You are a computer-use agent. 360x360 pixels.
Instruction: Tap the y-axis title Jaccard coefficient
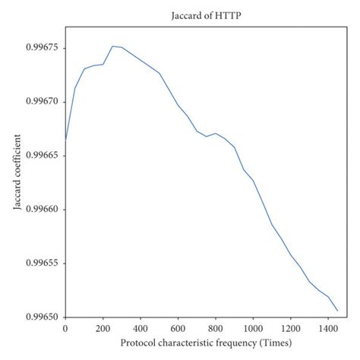click(x=17, y=172)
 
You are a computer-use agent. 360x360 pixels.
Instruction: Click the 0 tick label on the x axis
click(x=65, y=329)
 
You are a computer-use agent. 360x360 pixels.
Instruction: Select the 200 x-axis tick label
click(x=103, y=329)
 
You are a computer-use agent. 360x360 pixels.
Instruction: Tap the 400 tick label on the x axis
click(x=141, y=329)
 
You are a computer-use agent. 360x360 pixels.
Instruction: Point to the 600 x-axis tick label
click(x=178, y=329)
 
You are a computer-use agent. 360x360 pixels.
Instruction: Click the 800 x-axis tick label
click(x=216, y=329)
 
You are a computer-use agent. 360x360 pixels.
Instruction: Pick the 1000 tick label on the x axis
click(x=253, y=329)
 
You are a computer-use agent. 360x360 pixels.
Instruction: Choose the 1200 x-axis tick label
click(x=290, y=329)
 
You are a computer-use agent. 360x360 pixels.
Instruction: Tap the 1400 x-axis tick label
click(x=328, y=329)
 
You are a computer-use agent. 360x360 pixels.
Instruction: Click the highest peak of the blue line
click(x=112, y=46)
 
